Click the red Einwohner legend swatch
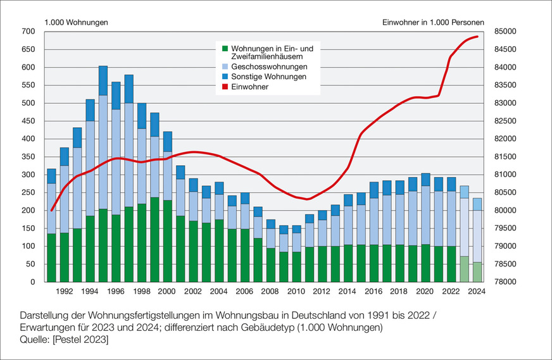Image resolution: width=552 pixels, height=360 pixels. pyautogui.click(x=225, y=87)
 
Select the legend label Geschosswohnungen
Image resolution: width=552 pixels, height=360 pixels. pyautogui.click(x=269, y=67)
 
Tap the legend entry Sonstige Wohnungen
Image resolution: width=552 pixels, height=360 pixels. pyautogui.click(x=268, y=77)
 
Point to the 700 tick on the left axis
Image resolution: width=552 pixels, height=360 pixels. pyautogui.click(x=28, y=32)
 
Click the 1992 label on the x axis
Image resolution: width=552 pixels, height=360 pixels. pyautogui.click(x=63, y=292)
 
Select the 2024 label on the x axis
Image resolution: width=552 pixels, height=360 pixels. pyautogui.click(x=477, y=292)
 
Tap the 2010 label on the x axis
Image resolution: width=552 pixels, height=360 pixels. pyautogui.click(x=296, y=292)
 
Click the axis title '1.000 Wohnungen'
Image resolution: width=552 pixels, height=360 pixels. pyautogui.click(x=76, y=22)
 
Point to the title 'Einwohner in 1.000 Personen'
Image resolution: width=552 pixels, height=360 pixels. pyautogui.click(x=433, y=22)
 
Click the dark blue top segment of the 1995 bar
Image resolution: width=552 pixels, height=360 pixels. pyautogui.click(x=103, y=80)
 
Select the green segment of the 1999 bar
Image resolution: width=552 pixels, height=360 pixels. pyautogui.click(x=154, y=240)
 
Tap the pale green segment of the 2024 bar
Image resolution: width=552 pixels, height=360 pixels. pyautogui.click(x=477, y=272)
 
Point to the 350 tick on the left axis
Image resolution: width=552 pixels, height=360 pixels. pyautogui.click(x=28, y=157)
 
